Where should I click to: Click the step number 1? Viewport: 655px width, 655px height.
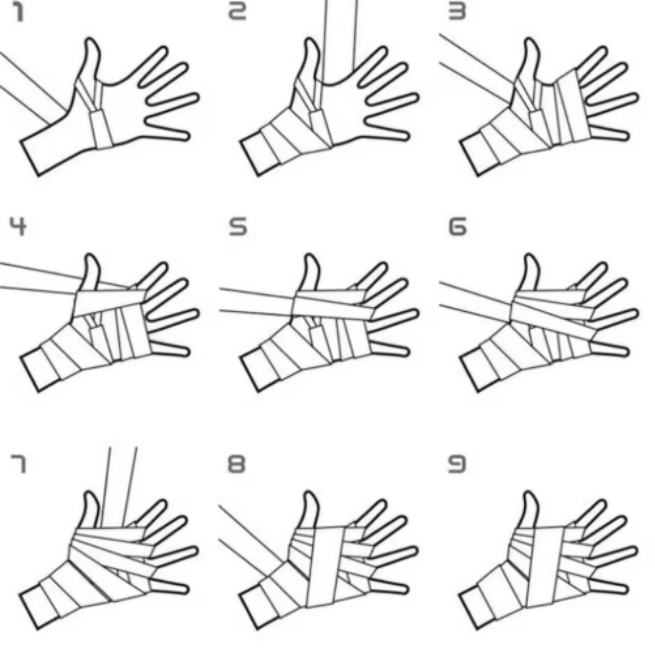19,13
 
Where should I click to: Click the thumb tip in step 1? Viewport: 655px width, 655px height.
93,40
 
